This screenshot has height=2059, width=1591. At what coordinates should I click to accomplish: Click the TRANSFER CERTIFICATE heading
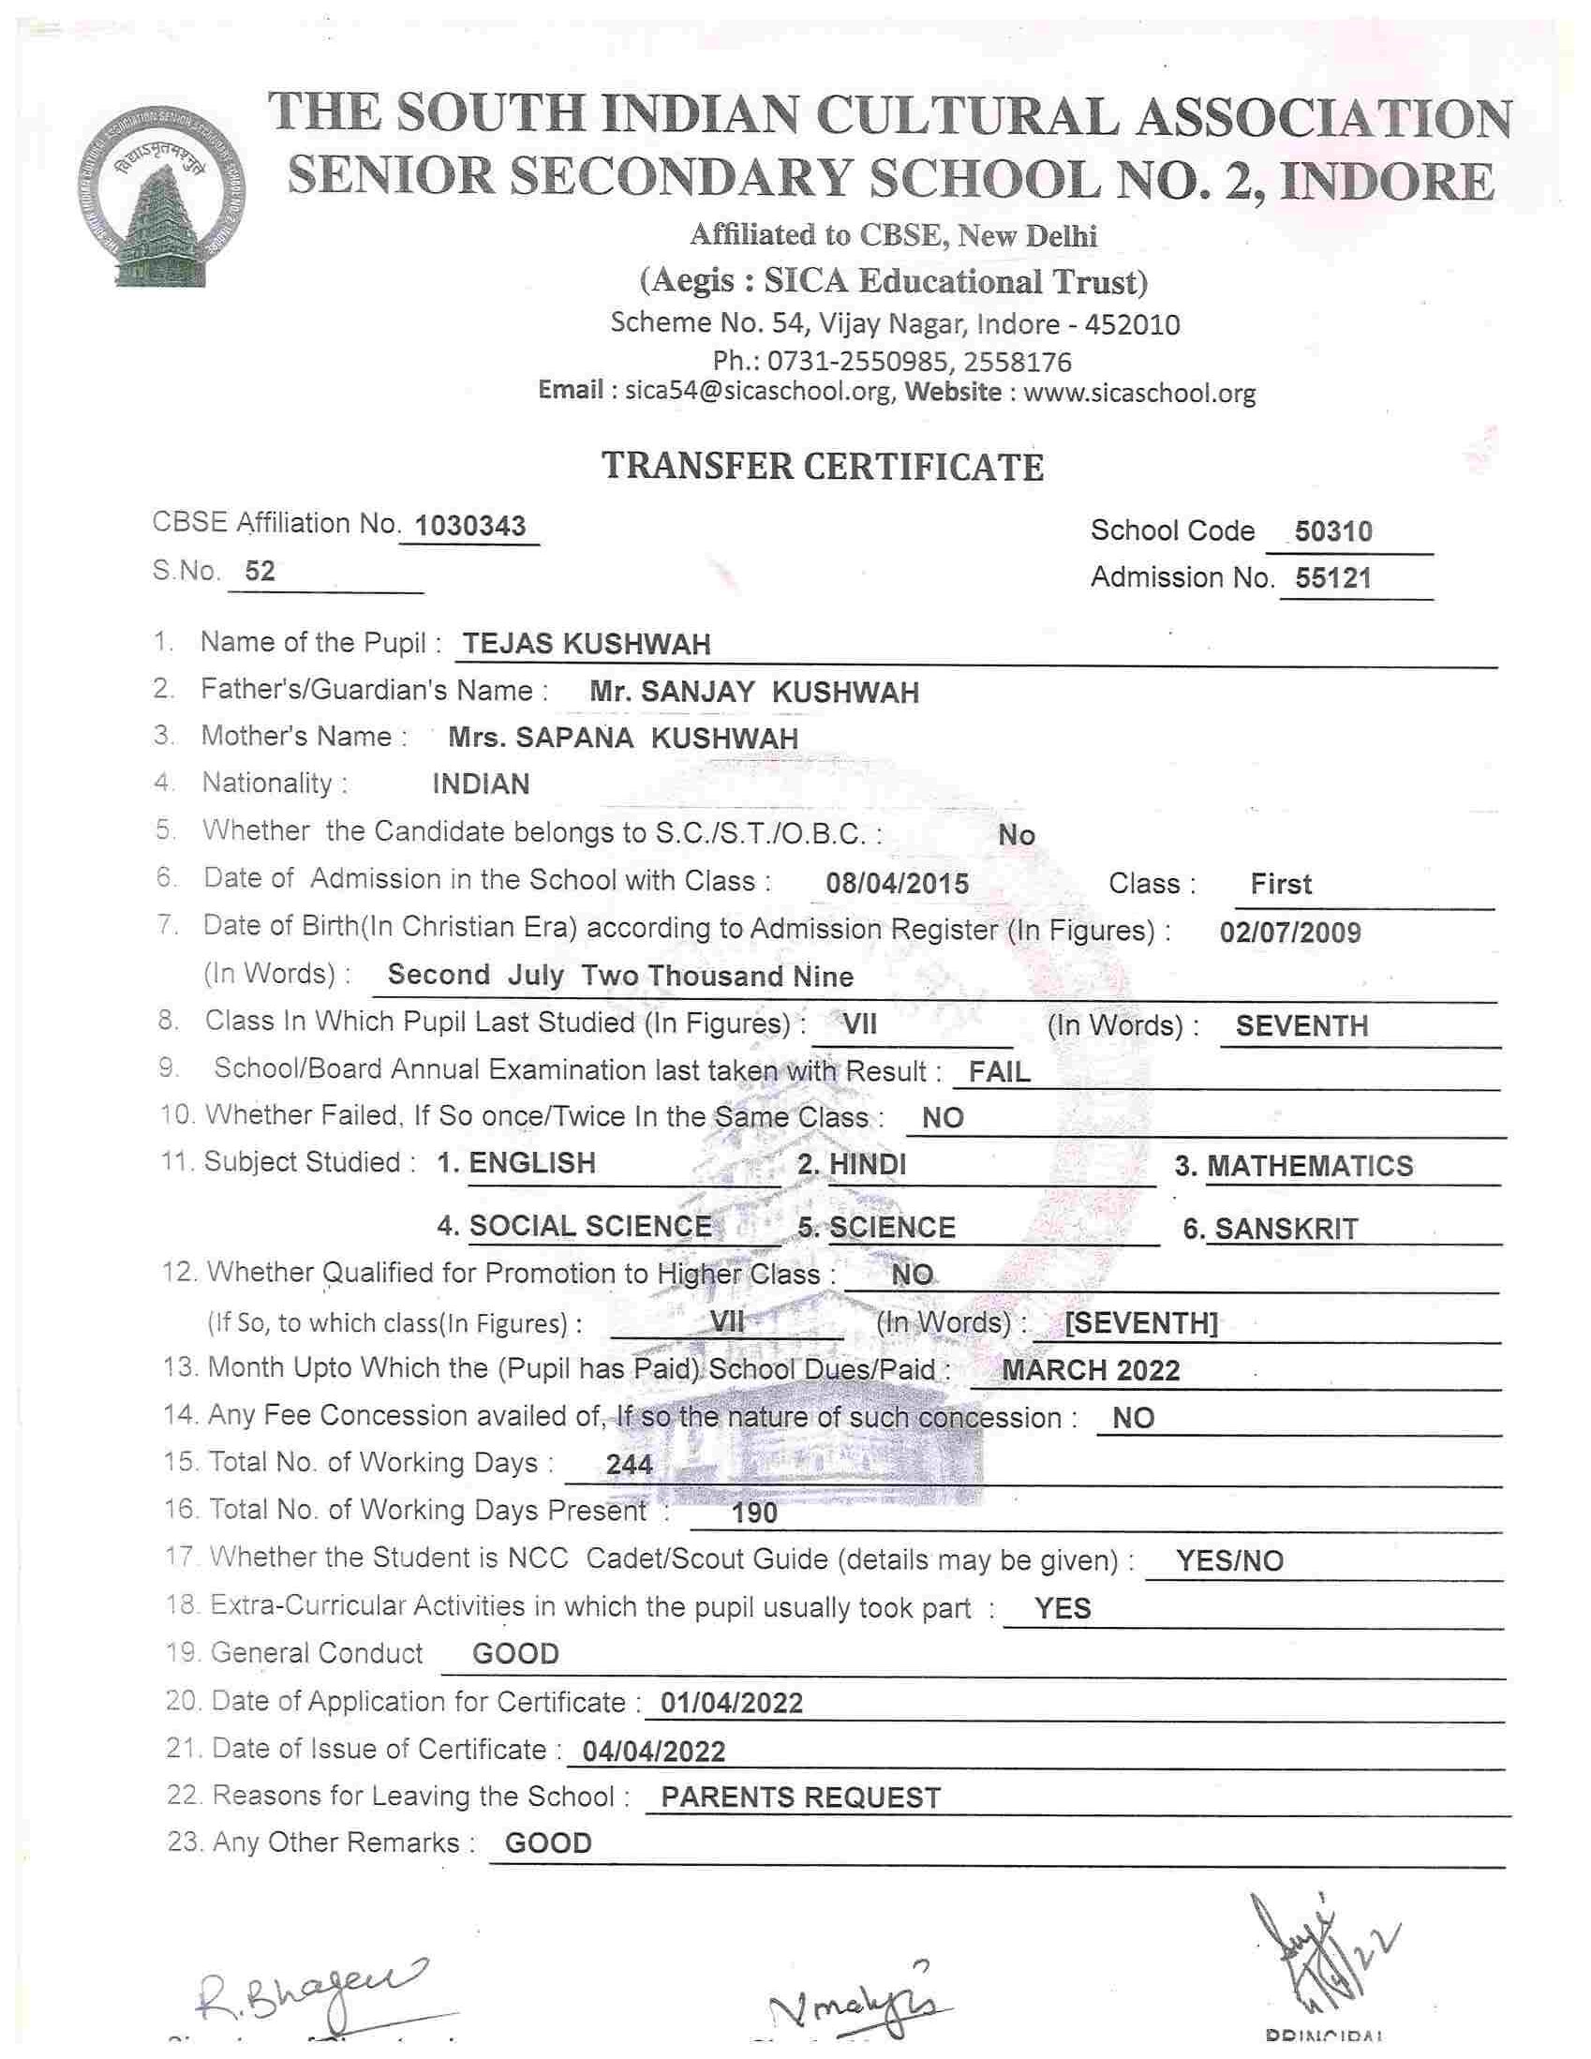[x=822, y=467]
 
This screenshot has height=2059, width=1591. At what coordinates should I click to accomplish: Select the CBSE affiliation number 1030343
[x=469, y=526]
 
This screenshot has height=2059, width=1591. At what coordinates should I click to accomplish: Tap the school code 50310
[x=1332, y=531]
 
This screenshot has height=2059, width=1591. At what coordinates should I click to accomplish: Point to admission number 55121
[x=1332, y=578]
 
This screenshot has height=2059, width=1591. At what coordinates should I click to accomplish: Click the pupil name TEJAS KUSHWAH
[x=587, y=645]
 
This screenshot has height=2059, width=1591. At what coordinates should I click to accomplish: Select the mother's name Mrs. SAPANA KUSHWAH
[x=622, y=739]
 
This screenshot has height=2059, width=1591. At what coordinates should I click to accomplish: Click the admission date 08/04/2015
[x=897, y=884]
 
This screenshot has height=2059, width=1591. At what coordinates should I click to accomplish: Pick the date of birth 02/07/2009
[x=1289, y=933]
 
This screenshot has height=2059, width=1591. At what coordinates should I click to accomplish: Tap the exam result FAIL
[x=999, y=1072]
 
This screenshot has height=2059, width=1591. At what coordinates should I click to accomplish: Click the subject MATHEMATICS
[x=1309, y=1166]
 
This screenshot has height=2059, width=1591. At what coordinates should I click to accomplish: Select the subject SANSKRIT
[x=1286, y=1230]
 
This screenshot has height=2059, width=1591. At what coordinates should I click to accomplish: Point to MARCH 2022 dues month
[x=1090, y=1370]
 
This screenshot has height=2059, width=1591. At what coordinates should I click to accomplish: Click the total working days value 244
[x=629, y=1464]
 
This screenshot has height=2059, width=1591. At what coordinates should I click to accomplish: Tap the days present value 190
[x=754, y=1514]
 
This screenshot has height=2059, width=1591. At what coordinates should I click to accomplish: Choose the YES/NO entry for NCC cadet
[x=1229, y=1561]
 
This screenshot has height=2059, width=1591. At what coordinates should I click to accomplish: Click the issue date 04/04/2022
[x=653, y=1752]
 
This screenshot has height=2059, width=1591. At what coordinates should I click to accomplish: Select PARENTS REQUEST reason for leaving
[x=800, y=1798]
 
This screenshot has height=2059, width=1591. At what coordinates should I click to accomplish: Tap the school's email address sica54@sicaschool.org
[x=758, y=392]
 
